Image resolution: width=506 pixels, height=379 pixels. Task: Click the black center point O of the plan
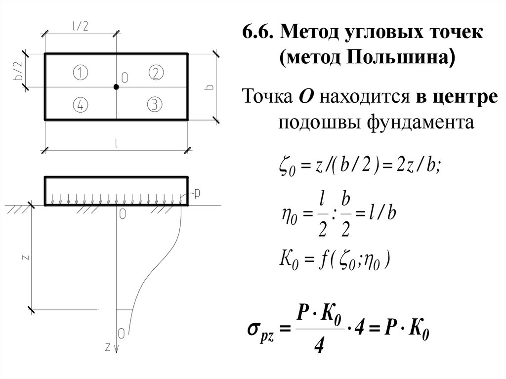pos(116,87)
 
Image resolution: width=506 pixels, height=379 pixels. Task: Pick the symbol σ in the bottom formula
pos(253,328)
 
